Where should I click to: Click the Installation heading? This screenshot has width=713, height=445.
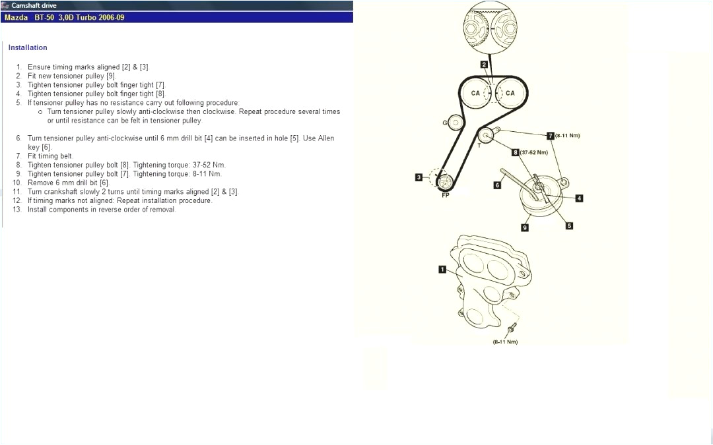[28, 47]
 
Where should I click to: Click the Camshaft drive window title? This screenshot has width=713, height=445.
[34, 5]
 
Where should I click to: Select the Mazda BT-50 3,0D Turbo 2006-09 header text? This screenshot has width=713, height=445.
[64, 17]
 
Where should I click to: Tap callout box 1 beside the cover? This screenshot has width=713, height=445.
[442, 269]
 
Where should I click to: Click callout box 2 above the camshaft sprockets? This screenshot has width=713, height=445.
[484, 65]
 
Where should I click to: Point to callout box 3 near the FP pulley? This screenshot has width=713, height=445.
[419, 177]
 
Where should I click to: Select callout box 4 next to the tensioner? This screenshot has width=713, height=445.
[579, 198]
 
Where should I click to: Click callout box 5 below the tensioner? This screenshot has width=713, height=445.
[569, 225]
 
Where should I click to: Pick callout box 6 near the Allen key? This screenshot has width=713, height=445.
[497, 185]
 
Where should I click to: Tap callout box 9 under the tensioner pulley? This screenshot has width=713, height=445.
[525, 227]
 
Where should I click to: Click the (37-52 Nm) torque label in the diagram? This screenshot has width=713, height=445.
[534, 152]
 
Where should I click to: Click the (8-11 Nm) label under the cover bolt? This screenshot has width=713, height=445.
[505, 342]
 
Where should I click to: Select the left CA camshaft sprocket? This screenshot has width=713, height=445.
[475, 94]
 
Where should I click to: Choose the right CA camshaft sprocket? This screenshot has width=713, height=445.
[510, 94]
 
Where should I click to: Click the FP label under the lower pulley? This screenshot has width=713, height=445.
[445, 195]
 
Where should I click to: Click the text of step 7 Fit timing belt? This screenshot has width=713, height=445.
[50, 156]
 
